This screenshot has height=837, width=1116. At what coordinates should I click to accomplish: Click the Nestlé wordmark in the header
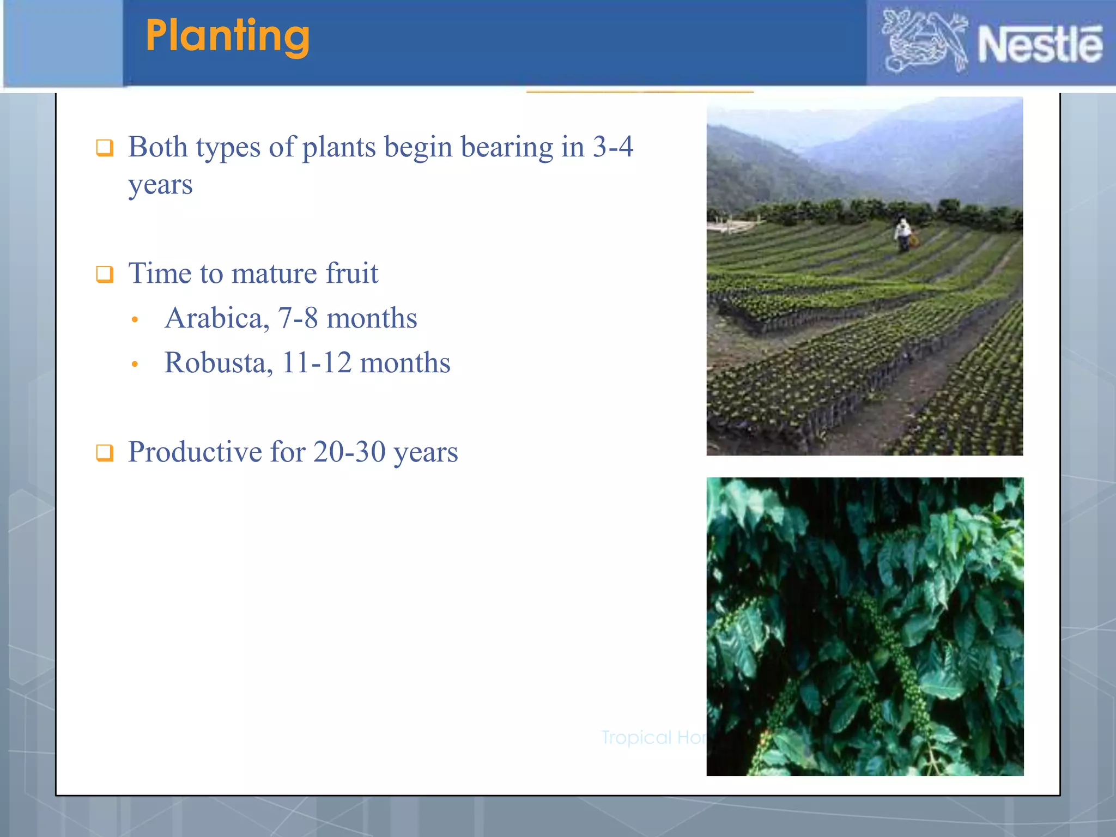tap(1040, 45)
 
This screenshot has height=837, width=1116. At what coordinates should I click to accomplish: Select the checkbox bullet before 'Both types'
tap(105, 148)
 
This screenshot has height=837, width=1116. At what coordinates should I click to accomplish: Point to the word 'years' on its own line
tap(160, 185)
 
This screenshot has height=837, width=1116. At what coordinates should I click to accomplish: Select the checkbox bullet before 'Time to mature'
tap(105, 274)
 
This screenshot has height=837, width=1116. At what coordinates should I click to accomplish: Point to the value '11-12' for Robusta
tap(317, 362)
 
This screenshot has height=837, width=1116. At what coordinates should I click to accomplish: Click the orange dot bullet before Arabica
tap(135, 320)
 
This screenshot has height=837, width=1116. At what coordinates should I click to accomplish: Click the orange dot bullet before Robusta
tap(135, 365)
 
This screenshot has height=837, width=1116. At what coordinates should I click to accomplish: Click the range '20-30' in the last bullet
tap(349, 452)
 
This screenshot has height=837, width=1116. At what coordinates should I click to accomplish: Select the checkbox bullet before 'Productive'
tap(105, 453)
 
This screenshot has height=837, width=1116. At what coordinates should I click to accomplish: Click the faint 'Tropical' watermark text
tap(636, 737)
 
